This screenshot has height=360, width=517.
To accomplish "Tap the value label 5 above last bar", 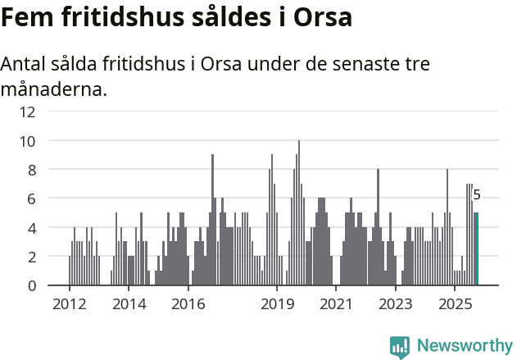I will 477,195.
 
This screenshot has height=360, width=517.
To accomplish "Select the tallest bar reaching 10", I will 299,213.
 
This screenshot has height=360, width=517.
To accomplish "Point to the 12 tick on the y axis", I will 28,112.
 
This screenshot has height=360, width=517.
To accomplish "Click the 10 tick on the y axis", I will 28,141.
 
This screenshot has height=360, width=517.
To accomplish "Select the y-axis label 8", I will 31,170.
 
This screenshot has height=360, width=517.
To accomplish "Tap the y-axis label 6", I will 31,198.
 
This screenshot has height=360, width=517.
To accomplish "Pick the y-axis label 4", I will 31,227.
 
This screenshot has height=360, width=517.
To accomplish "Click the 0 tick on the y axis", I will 31,285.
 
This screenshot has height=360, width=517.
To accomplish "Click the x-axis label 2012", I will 69,304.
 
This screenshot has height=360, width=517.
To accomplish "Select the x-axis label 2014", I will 128,304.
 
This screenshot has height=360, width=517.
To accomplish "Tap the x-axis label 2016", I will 188,304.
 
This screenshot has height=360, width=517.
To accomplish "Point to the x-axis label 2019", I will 277,304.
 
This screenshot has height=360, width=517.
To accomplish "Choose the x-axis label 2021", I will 336,304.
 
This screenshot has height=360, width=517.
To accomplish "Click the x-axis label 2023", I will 396,304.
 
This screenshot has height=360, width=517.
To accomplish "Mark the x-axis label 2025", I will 455,304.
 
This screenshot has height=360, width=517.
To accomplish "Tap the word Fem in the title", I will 29,17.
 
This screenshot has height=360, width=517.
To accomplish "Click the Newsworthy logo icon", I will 400,347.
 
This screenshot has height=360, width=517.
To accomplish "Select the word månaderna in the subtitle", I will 53,89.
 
